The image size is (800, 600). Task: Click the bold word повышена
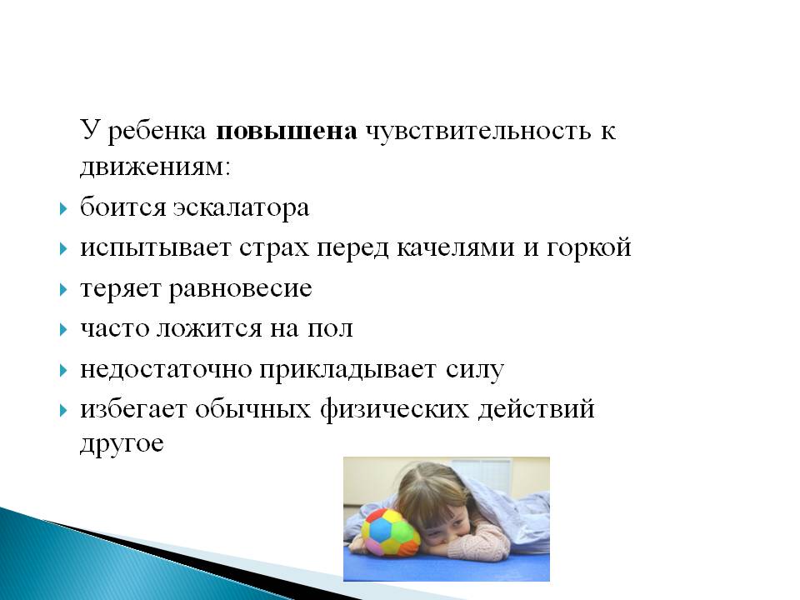[287, 132]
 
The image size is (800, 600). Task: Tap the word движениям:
[156, 167]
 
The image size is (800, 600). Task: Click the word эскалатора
[242, 207]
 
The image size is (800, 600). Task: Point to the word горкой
[589, 248]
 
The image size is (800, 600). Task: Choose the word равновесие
[240, 290]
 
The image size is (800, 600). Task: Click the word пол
[330, 328]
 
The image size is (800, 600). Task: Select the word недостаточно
[166, 369]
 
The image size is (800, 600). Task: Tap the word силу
[475, 370]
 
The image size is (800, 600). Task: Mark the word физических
[394, 410]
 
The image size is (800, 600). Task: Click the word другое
[122, 444]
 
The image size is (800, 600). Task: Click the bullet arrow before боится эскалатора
[63, 208]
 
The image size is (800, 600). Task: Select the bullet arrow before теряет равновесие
[63, 290]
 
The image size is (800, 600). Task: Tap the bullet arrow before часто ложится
[63, 330]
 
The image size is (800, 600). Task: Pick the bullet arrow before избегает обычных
[63, 410]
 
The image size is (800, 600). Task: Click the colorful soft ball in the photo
[390, 532]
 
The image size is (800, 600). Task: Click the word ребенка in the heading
[157, 132]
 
